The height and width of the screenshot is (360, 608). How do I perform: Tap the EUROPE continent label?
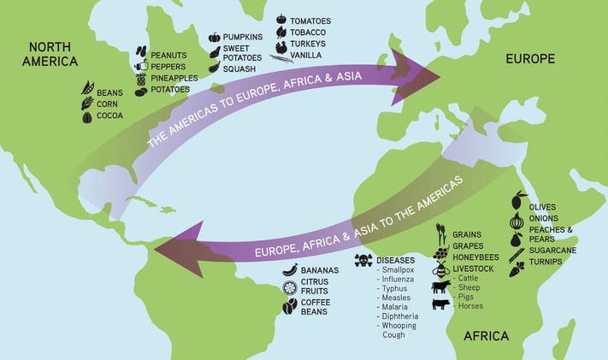coord(530,59)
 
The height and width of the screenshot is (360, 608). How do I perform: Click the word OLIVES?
coord(542,207)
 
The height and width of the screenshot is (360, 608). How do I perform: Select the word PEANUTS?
coord(168,55)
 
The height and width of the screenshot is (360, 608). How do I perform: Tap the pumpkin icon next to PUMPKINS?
coord(214,38)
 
